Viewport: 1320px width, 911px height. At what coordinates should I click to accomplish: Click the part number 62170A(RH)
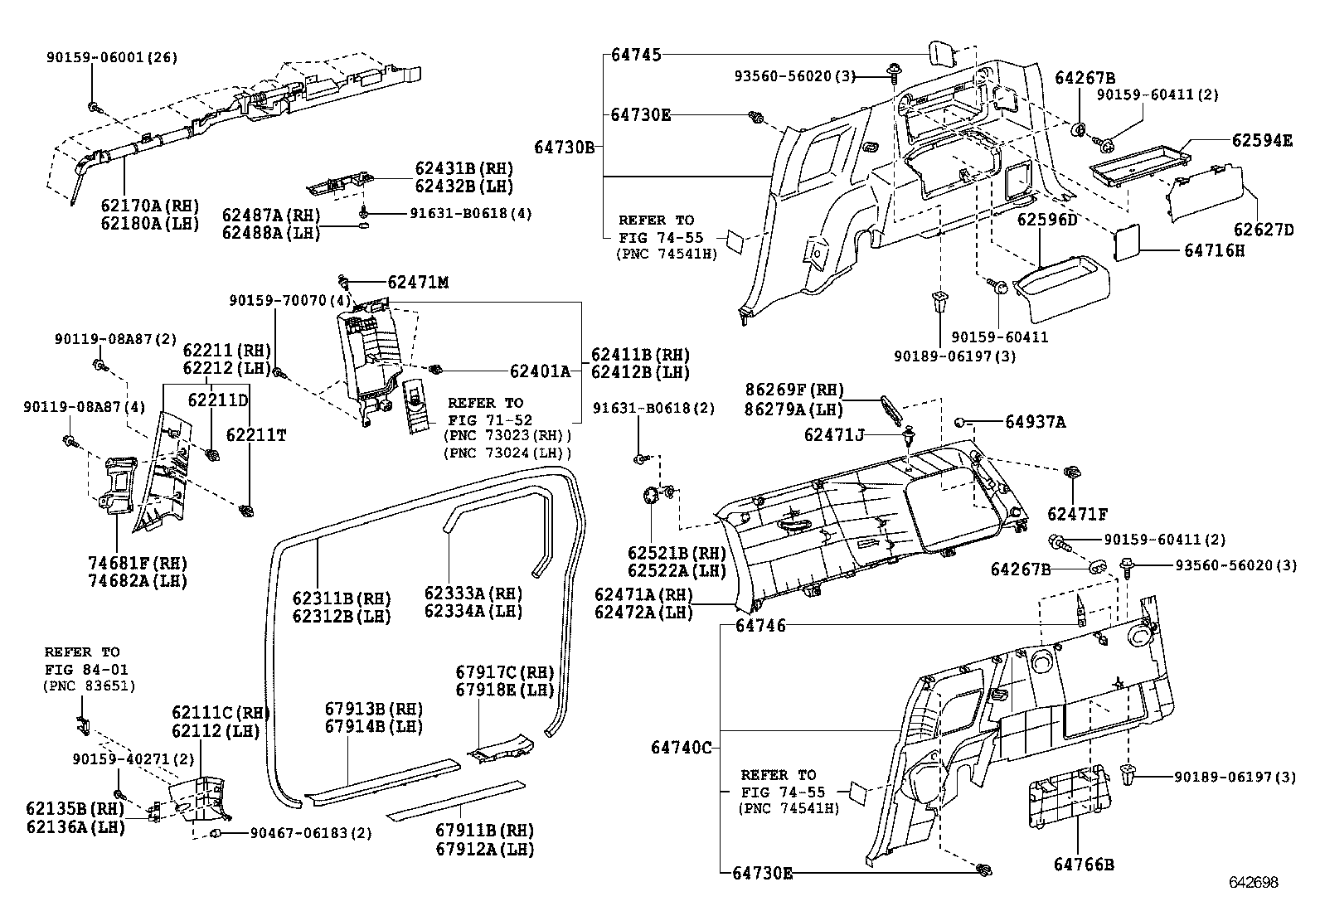(149, 206)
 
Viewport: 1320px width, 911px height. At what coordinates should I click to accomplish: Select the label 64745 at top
(636, 56)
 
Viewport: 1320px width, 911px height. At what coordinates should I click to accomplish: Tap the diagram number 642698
(1253, 883)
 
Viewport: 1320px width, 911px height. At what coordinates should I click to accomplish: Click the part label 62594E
(1261, 141)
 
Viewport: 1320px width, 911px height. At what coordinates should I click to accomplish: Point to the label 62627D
(1263, 230)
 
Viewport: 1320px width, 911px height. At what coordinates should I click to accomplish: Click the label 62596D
(1046, 220)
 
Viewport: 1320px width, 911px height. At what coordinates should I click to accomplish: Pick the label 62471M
(417, 283)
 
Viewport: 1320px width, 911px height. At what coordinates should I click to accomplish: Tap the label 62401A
(540, 372)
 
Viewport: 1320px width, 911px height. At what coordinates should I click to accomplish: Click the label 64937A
(1035, 422)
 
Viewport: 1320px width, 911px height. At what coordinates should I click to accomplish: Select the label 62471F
(1076, 515)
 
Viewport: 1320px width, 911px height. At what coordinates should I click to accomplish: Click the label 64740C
(681, 747)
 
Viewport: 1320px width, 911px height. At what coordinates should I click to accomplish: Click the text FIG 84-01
(86, 669)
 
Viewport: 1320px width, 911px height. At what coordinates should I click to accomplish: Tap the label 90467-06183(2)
(311, 833)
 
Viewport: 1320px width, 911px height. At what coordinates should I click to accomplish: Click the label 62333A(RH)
(473, 593)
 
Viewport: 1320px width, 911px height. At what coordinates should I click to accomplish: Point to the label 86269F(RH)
(793, 390)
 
